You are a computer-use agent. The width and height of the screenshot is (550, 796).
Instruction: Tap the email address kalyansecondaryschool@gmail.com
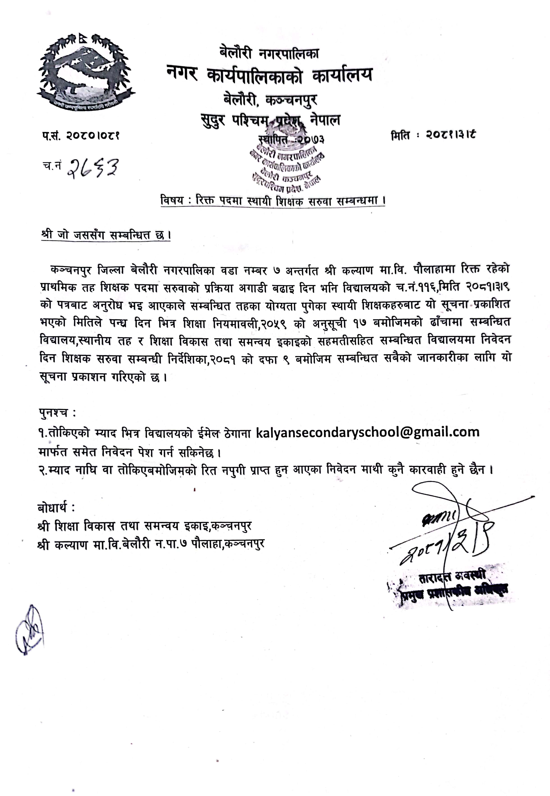point(367,432)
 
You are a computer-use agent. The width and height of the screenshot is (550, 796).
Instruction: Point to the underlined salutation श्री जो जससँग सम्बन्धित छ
point(105,235)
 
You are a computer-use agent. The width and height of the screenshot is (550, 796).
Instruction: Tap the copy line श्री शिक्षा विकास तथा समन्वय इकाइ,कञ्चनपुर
point(145,526)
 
